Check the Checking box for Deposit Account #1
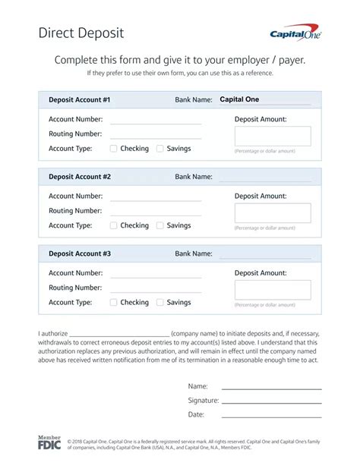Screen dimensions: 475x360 pyautogui.click(x=114, y=149)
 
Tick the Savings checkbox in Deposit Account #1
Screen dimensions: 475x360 pyautogui.click(x=160, y=149)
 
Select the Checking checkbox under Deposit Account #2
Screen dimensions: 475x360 pyautogui.click(x=114, y=225)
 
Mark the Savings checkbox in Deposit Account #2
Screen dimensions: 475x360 pyautogui.click(x=160, y=225)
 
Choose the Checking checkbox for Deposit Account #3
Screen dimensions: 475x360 pyautogui.click(x=114, y=302)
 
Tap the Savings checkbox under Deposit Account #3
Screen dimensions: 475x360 pyautogui.click(x=160, y=302)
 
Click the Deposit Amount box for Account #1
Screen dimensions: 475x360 pyautogui.click(x=273, y=136)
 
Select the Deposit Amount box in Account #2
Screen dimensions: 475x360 pyautogui.click(x=273, y=212)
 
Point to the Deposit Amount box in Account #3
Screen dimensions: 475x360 pyautogui.click(x=273, y=290)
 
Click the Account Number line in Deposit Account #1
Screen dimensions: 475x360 pyautogui.click(x=156, y=121)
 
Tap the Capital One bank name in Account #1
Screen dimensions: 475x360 pyautogui.click(x=239, y=99)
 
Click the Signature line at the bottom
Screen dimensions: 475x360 pyautogui.click(x=271, y=401)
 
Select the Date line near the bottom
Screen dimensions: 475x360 pyautogui.click(x=271, y=416)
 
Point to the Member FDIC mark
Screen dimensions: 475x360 pyautogui.click(x=49, y=443)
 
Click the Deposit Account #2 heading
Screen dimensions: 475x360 pyautogui.click(x=80, y=177)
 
